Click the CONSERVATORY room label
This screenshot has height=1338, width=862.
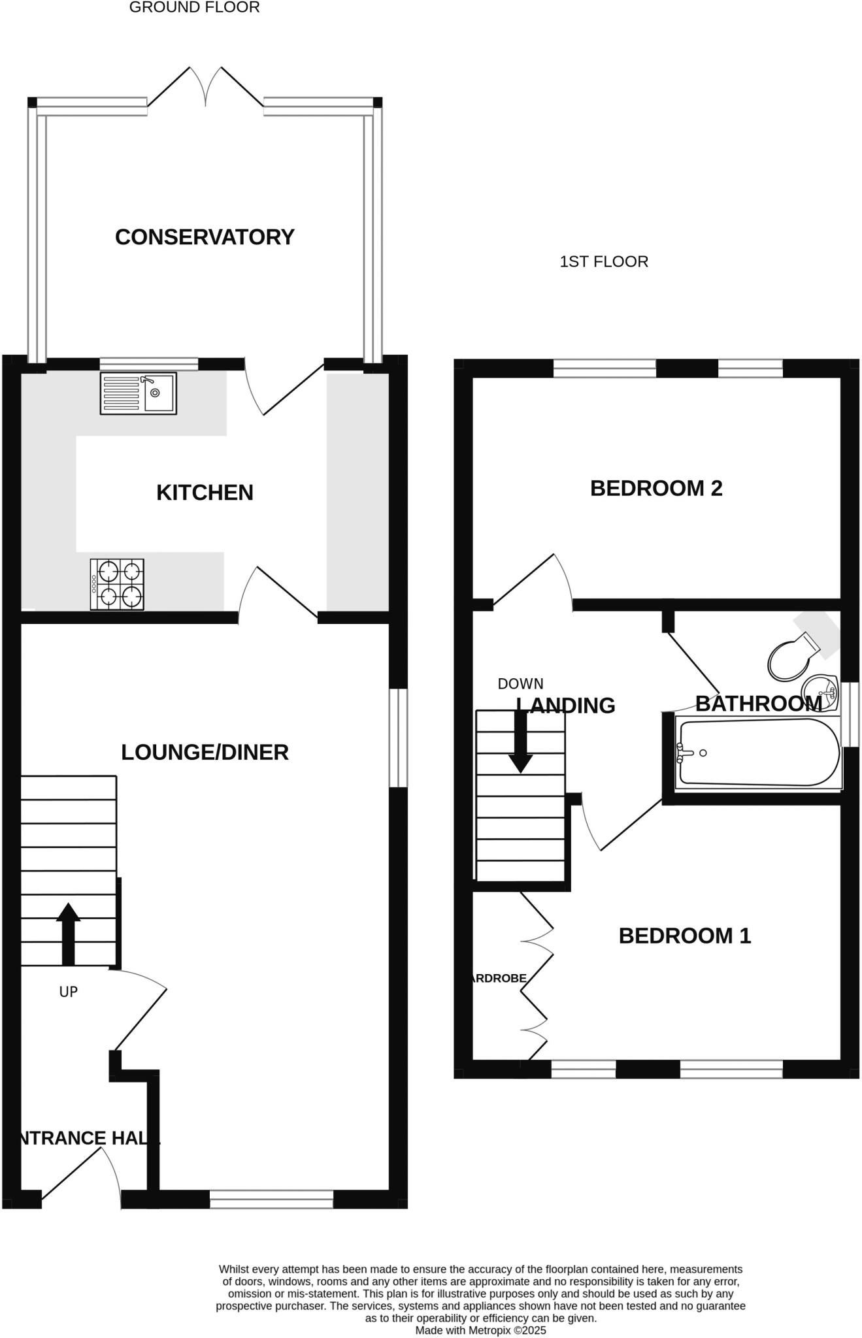205,237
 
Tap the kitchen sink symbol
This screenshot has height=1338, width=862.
138,393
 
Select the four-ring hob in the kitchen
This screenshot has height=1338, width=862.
117,584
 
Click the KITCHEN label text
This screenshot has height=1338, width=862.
205,493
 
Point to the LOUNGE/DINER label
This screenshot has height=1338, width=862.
205,753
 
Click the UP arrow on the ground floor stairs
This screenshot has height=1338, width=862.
68,934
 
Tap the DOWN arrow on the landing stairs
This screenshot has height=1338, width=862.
520,742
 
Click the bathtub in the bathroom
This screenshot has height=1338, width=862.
758,753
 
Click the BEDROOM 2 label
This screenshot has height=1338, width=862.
656,489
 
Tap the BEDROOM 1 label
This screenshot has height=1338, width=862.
684,936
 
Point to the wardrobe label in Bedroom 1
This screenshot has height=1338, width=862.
499,979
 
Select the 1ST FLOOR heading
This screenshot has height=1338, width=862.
604,262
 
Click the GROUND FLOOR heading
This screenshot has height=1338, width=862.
194,8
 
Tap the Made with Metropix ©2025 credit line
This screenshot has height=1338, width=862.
480,1330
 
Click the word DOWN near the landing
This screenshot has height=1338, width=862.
520,684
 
